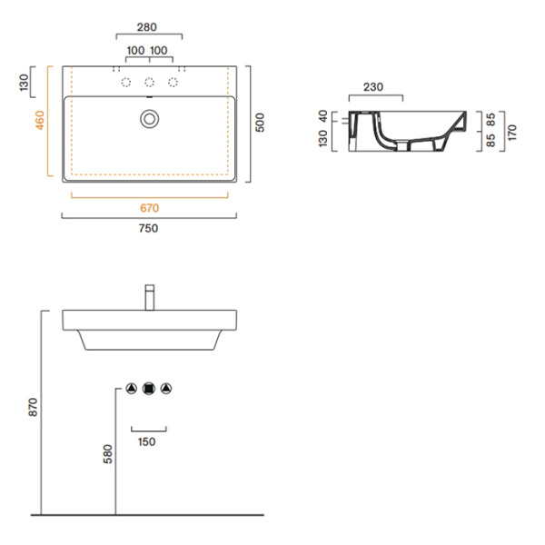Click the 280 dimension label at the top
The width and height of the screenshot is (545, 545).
149,27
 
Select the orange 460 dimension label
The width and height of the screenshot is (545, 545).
39,120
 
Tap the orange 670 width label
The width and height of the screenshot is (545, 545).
150,208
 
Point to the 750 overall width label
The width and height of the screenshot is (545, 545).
149,229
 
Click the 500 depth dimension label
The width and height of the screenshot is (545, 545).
261,123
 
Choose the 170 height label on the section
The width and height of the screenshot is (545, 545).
512,134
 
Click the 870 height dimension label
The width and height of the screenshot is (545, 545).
33,408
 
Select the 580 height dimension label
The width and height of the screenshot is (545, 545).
107,453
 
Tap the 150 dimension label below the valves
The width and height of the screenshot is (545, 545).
148,442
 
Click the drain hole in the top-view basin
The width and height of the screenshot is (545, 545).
149,117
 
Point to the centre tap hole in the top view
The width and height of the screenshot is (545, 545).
149,84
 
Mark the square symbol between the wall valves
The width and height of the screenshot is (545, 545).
149,389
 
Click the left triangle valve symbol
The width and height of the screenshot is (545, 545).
132,389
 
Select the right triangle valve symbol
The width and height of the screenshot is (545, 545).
166,389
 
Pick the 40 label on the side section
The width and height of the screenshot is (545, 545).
322,115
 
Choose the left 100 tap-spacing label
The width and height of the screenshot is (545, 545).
135,49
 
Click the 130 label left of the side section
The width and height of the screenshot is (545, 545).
322,139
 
